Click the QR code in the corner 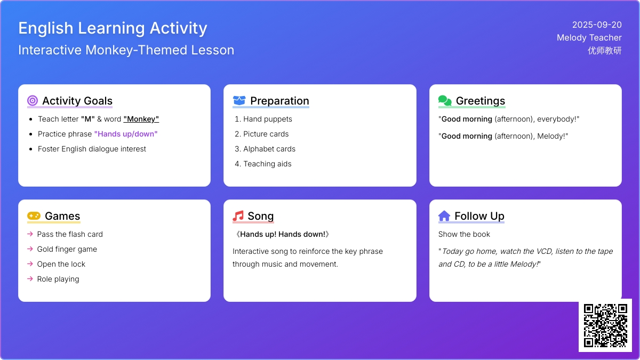tap(605, 325)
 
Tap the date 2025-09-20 tap(597, 25)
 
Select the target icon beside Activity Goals tap(33, 101)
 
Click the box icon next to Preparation tap(239, 101)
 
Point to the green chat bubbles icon tap(445, 101)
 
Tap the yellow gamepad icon tap(34, 215)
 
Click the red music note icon tap(238, 215)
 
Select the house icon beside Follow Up tap(444, 215)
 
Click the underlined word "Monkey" tap(141, 119)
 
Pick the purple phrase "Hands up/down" tap(126, 134)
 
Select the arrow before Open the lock tap(30, 263)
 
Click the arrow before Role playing tap(30, 278)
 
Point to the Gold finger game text tap(67, 249)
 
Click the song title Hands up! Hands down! tap(283, 234)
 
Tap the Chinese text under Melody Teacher tap(605, 51)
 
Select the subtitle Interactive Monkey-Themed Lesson tap(126, 50)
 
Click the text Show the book tap(464, 234)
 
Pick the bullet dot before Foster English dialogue tap(31, 149)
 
